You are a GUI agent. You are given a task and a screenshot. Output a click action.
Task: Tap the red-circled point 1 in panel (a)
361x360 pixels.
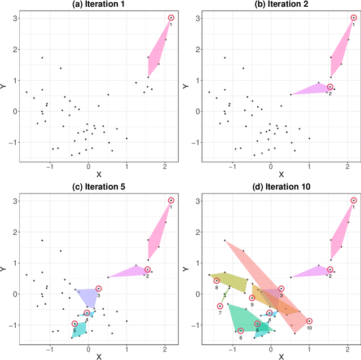[x=171, y=18]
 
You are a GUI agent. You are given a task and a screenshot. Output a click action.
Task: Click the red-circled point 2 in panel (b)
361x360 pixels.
[x=330, y=87]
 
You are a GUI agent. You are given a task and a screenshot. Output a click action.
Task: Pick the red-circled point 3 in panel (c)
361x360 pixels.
[x=99, y=288]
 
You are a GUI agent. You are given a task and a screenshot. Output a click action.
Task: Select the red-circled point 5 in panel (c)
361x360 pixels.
[x=74, y=324]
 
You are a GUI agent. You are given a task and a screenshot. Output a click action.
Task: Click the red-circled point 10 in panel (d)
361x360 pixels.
[x=309, y=321]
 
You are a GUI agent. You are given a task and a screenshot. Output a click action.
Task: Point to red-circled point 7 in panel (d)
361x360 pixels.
[x=220, y=306]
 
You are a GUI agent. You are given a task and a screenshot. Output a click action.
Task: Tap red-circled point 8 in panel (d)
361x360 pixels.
[x=216, y=280]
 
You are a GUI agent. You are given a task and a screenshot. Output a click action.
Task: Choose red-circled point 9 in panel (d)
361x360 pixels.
[x=252, y=298]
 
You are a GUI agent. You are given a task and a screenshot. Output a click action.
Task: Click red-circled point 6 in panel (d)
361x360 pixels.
[x=240, y=331]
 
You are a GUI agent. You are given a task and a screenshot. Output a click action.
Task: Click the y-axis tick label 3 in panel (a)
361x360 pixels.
[x=14, y=18]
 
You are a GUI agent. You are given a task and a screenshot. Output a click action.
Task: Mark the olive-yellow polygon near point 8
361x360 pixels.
[x=230, y=280]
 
